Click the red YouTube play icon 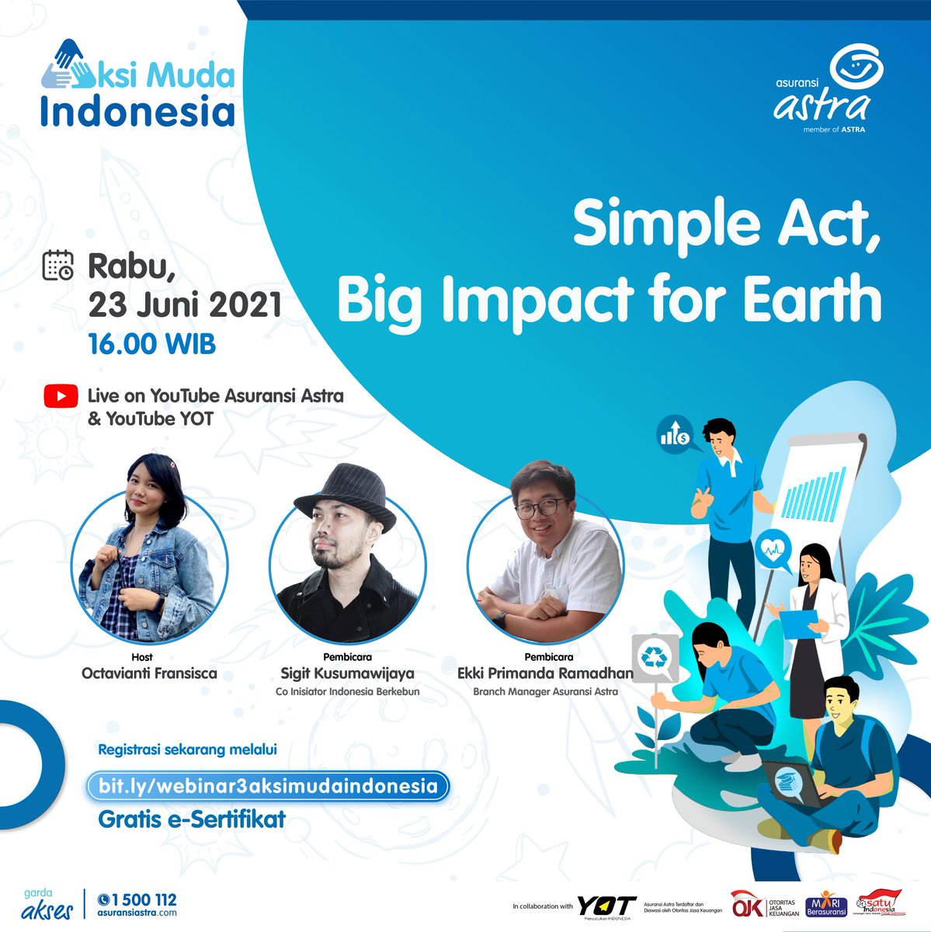pos(61,396)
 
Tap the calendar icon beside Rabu pos(57,265)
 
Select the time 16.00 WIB pos(151,343)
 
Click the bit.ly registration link pos(268,786)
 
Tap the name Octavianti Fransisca pos(149,673)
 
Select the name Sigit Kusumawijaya pos(347,673)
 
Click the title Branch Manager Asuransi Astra pos(545,691)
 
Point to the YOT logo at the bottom pos(606,906)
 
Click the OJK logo pos(747,906)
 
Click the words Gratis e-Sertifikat pos(192,819)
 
